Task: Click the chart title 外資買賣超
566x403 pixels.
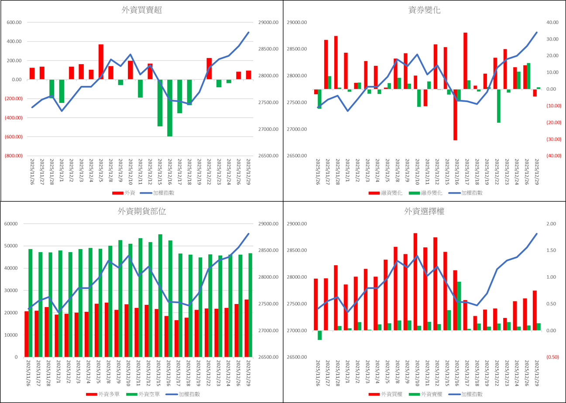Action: coord(142,10)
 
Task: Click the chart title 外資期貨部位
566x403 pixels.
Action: coord(142,212)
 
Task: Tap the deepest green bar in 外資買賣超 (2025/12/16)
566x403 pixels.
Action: coord(170,108)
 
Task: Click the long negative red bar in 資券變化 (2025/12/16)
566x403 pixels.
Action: coord(455,114)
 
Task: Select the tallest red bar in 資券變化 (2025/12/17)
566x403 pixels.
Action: coord(465,61)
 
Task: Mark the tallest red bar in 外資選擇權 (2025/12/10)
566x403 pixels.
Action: coord(415,282)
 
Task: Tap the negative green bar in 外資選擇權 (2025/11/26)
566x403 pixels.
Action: coord(319,335)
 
